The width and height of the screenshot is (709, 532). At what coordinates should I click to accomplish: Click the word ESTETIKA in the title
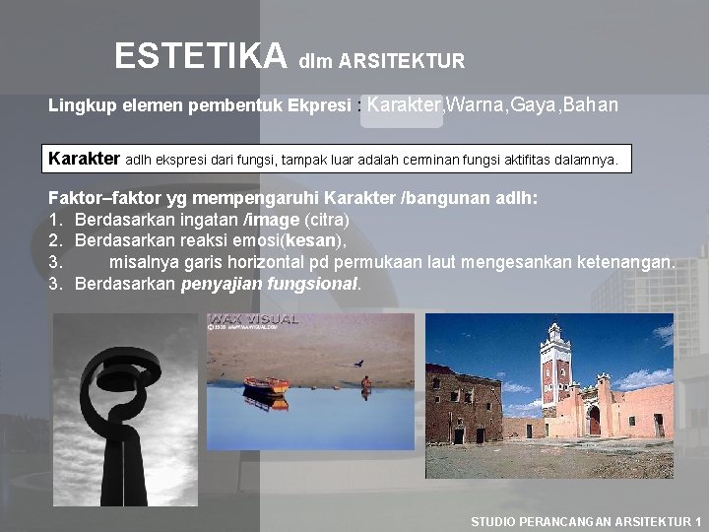[x=200, y=56]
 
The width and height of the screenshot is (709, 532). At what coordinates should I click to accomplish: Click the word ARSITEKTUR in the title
[x=402, y=62]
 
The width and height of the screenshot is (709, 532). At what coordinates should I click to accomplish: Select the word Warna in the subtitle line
[x=476, y=105]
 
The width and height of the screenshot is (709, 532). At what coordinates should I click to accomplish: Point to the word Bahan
[x=592, y=105]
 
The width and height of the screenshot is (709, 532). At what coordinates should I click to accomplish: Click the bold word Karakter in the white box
[x=85, y=159]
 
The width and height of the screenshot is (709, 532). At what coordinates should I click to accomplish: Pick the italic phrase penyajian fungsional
[x=271, y=285]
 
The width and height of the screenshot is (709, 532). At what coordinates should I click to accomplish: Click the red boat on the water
[x=266, y=383]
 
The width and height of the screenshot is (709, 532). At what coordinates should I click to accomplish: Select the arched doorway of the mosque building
[x=594, y=420]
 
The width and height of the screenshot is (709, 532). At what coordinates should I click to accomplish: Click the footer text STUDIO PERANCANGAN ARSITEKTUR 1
[x=586, y=521]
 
